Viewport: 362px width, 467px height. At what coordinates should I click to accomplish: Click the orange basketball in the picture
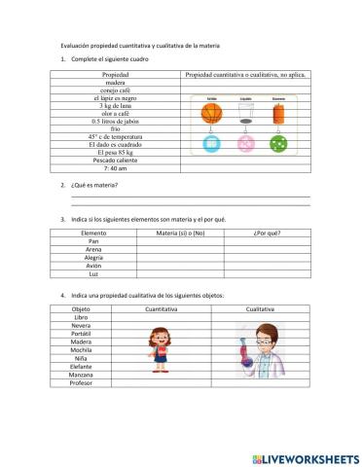[212, 113]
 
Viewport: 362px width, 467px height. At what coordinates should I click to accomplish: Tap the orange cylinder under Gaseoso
[278, 113]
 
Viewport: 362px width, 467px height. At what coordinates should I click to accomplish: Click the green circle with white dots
[278, 144]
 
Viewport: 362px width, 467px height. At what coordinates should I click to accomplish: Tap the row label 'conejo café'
[116, 90]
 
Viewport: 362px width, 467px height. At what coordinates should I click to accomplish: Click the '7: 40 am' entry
[116, 168]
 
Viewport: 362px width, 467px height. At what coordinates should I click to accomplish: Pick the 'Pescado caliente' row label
[116, 161]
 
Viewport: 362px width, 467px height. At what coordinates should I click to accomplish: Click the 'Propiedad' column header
[116, 74]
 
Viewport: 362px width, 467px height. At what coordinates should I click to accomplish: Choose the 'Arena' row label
[94, 250]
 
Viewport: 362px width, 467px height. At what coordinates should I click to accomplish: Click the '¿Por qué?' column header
[267, 233]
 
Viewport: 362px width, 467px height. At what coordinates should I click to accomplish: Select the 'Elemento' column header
[94, 233]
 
